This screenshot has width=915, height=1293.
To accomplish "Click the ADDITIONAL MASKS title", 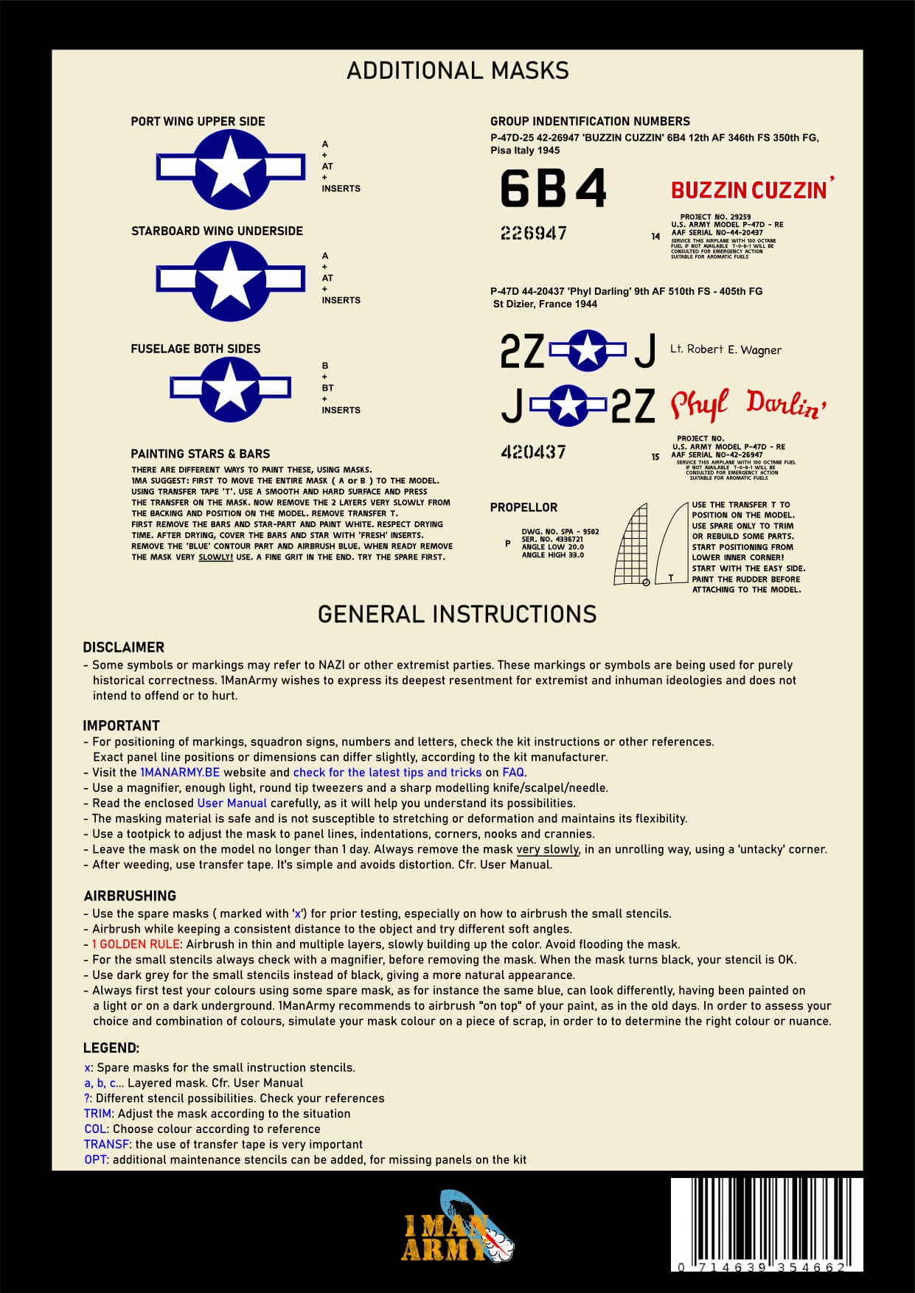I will tap(457, 71).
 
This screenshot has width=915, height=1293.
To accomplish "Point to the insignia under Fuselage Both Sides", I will tap(230, 388).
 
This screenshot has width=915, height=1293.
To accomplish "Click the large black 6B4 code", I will tap(553, 188).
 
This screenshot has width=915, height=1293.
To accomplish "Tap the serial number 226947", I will tap(534, 234).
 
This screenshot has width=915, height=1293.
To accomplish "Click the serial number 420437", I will tap(533, 451).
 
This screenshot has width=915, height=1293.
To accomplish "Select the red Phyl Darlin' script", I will tap(748, 405).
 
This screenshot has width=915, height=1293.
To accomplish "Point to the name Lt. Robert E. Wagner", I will tap(726, 349).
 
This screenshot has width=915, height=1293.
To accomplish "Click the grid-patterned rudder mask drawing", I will tap(632, 543).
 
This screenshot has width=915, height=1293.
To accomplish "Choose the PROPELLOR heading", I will tap(523, 507).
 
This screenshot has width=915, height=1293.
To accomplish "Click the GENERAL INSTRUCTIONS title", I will tap(457, 614).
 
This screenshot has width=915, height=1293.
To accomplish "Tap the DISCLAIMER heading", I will tap(123, 647).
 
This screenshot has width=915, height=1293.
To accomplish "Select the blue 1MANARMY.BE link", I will tap(180, 773).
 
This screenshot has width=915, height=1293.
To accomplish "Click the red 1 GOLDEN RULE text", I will tap(136, 944).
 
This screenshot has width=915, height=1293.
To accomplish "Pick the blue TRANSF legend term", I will tap(107, 1144).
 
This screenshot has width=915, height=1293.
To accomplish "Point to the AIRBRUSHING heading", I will tap(130, 896).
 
